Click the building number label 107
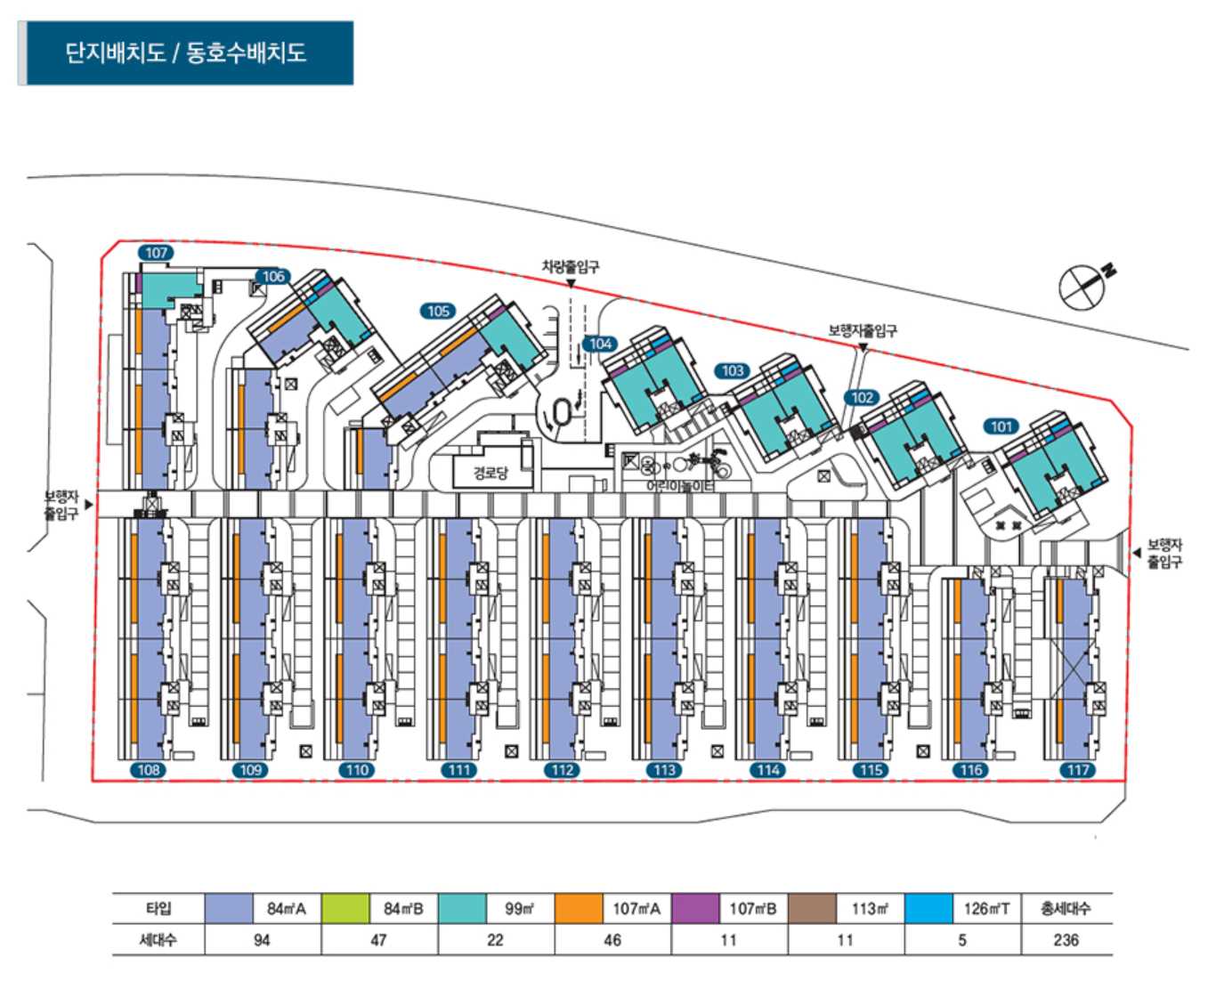coord(157,253)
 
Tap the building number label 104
coord(600,344)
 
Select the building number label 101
coord(1002,426)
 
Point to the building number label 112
coord(563,770)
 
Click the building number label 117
coord(1078,770)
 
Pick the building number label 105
coord(438,311)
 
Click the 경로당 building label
coord(490,473)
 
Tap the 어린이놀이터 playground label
coord(680,486)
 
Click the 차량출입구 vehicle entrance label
coord(571,266)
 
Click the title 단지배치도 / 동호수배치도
coord(185,53)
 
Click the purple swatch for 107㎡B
coord(694,909)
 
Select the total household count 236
coord(1066,940)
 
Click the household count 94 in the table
coord(262,940)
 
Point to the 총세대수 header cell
coord(1066,909)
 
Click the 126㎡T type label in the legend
coord(986,909)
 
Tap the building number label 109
coord(251,770)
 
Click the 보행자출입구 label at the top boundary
coord(863,330)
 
